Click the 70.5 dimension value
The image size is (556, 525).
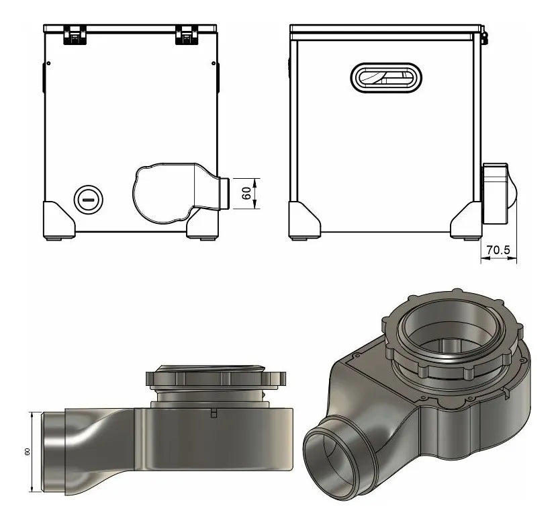pos(498,250)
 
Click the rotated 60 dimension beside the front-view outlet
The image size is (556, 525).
pos(246,193)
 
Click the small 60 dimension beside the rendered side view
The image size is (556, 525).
pos(27,452)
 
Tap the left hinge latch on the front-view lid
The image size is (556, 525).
pos(74,35)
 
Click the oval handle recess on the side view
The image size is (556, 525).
pos(387,77)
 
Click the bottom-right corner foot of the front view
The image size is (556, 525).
pos(203,222)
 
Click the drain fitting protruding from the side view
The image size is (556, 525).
pos(498,193)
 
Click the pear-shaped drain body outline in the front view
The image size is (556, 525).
pos(161,195)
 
